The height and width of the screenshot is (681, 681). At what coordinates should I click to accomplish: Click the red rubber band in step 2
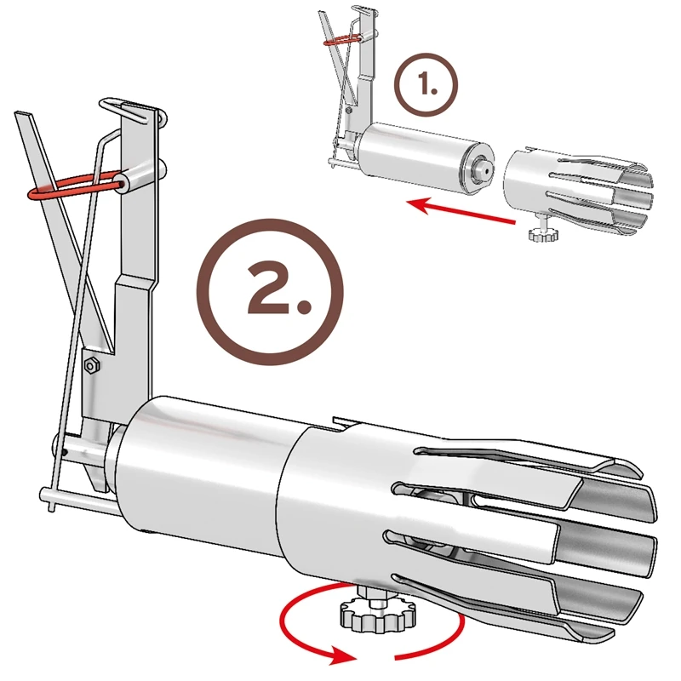pos(72,188)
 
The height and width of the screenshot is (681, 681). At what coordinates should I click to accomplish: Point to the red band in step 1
pos(345,38)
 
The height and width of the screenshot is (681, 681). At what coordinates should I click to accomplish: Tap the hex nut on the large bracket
pos(90,364)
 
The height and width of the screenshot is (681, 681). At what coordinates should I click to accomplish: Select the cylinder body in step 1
pos(417,156)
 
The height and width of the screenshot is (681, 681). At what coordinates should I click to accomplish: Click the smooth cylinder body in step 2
pos(204,477)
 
